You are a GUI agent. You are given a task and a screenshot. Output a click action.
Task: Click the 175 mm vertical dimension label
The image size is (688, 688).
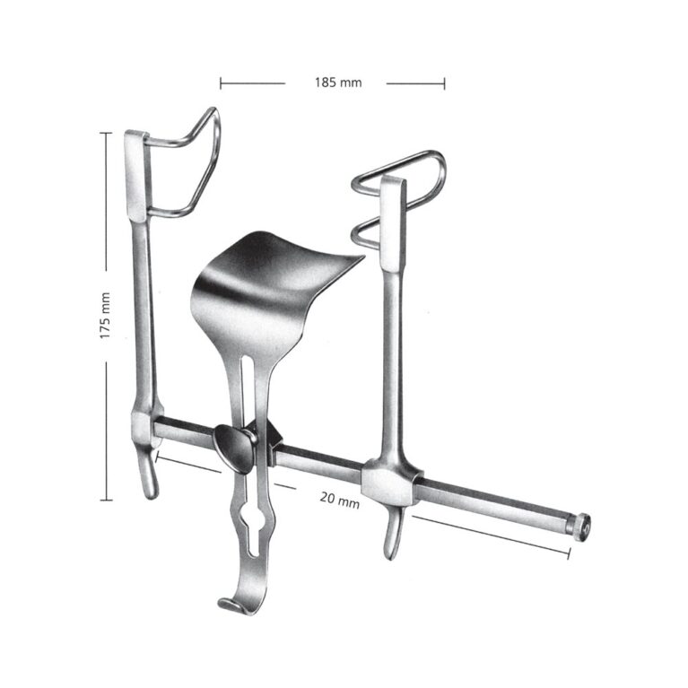point(105,315)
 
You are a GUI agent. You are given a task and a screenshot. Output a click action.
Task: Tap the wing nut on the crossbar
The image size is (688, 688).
point(234,446)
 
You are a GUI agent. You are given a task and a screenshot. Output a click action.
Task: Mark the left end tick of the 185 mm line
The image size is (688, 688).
point(221,83)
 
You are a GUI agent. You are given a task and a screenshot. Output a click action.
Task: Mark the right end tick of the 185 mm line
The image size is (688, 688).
point(444,83)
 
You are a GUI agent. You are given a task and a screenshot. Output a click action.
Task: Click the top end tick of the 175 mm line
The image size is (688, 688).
point(105,132)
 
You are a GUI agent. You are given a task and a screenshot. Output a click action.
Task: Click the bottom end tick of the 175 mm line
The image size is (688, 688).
point(105,500)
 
